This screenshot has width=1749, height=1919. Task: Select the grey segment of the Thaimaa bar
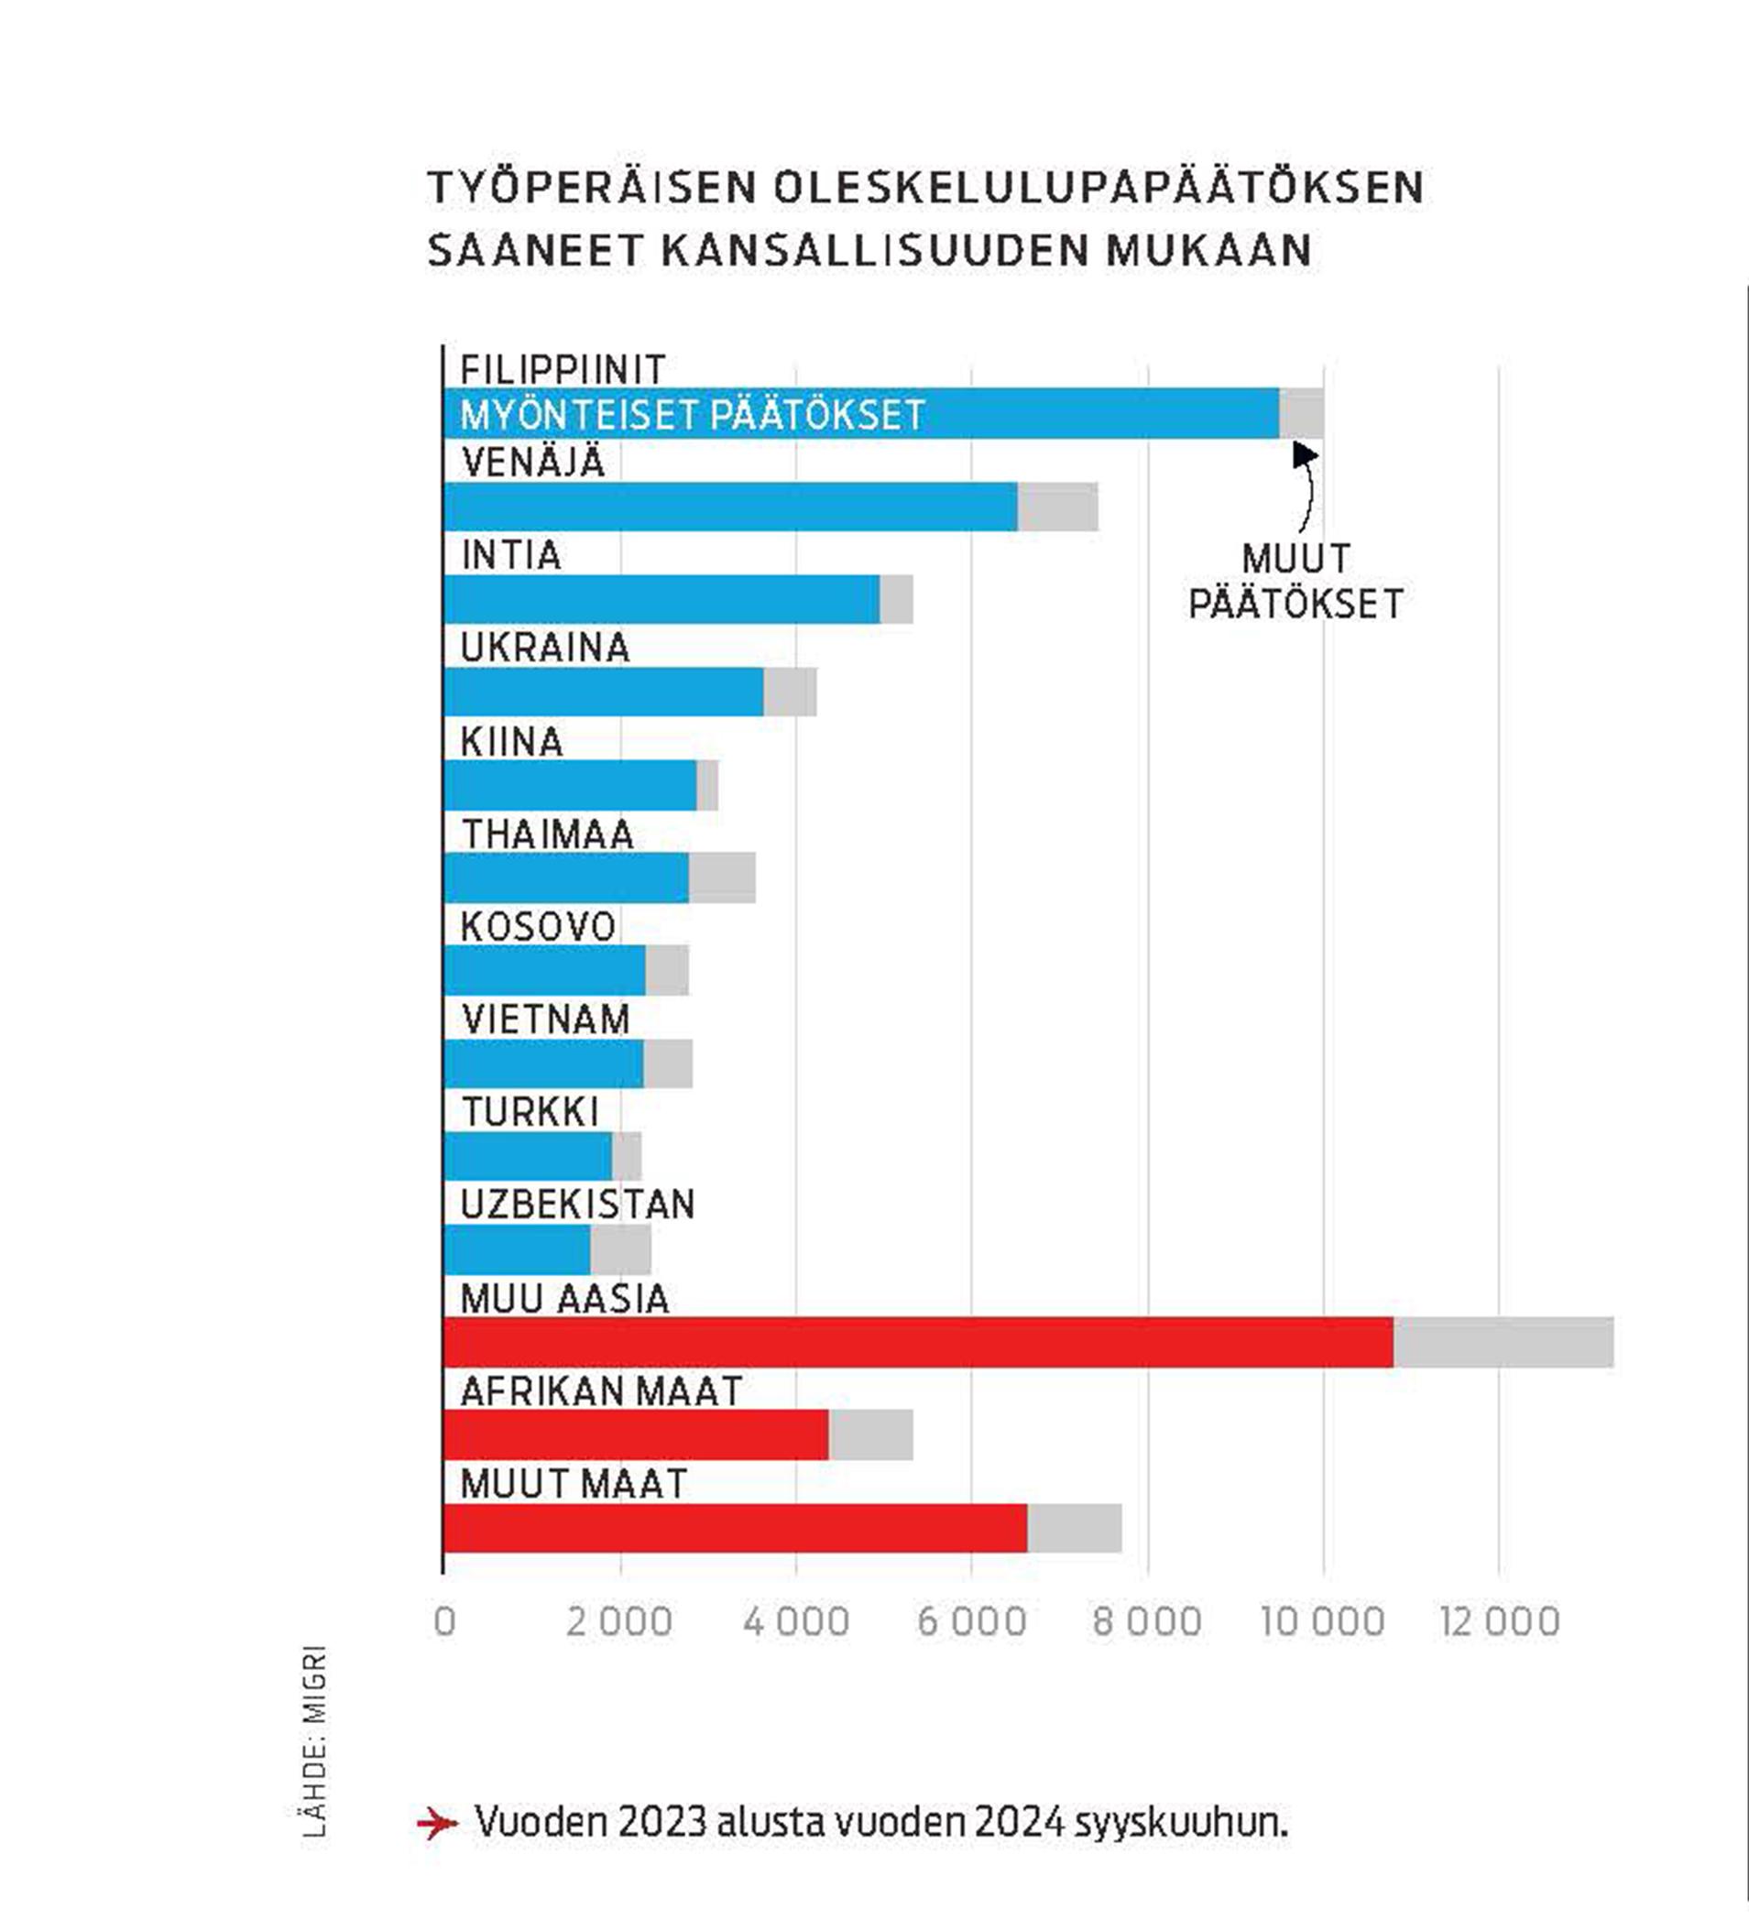(722, 878)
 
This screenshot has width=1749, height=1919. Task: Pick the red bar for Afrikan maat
(636, 1434)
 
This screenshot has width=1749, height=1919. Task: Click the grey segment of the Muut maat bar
(1074, 1528)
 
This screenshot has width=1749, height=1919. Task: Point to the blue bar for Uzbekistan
(517, 1249)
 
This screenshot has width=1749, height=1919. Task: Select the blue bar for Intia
(661, 600)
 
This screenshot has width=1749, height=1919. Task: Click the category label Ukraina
(544, 649)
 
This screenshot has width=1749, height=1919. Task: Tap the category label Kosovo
(538, 927)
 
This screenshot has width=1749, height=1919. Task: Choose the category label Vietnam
(545, 1019)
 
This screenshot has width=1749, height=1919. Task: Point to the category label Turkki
(530, 1112)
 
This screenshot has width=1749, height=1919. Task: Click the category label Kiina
(511, 742)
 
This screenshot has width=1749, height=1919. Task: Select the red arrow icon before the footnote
(437, 1824)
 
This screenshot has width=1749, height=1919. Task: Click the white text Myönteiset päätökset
(692, 415)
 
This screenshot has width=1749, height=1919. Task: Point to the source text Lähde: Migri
(314, 1741)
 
